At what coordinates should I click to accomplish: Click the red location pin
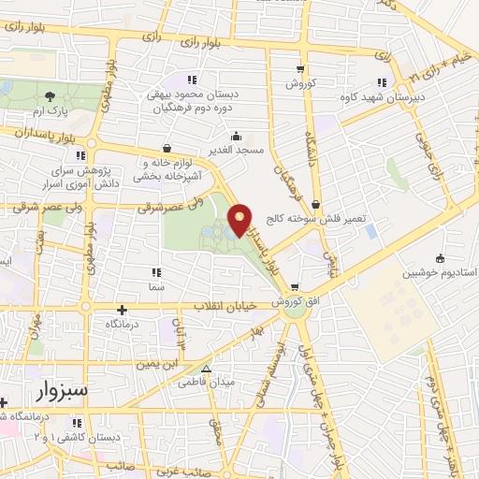241,219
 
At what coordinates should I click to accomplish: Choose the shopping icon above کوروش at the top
299,68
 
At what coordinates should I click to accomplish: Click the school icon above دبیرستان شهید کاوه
381,80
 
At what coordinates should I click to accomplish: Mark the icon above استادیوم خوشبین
440,258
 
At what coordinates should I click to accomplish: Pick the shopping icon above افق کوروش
295,287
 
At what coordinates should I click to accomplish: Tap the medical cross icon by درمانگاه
122,309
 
